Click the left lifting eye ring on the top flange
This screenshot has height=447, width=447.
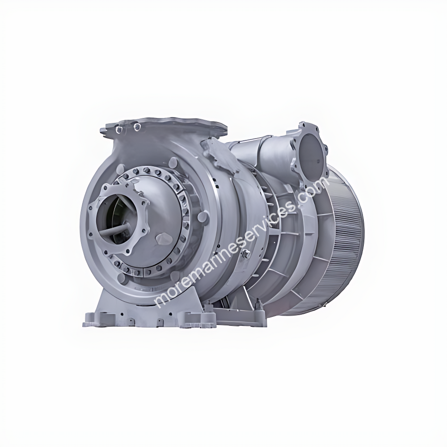click(119, 129)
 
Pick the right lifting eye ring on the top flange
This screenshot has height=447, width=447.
click(137, 128)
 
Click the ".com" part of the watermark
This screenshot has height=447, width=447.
click(313, 188)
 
